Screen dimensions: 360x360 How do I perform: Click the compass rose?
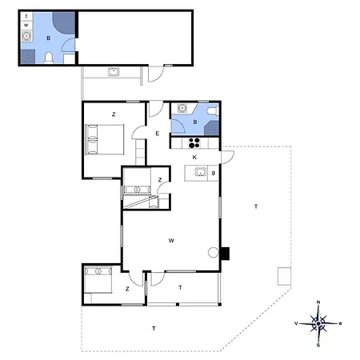point(318,324)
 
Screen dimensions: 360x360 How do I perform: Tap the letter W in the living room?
point(171,240)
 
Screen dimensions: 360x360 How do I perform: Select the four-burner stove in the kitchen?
point(193,143)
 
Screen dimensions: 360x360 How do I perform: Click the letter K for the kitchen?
point(194,158)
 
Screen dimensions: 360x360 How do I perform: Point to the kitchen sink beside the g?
point(199,172)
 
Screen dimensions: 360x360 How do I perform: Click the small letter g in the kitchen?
point(213,172)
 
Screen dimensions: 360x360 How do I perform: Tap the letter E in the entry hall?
point(157,133)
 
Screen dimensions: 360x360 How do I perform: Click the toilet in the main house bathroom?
point(211,129)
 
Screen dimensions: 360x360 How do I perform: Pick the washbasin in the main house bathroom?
point(182,110)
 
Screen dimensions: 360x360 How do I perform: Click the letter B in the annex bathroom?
point(48,38)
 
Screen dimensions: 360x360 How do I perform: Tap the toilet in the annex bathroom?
point(49,58)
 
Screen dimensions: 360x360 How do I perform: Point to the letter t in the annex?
point(26,16)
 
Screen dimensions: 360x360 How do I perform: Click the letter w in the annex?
point(26,26)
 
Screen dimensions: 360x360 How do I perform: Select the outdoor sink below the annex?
point(114,73)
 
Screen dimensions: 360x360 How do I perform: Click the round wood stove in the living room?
point(213,253)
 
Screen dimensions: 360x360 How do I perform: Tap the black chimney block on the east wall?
point(226,254)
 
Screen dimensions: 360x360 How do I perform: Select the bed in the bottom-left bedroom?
point(100,283)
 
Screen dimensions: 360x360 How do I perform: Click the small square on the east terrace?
point(283,276)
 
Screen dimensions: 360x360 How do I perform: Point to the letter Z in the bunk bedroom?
point(160,180)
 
